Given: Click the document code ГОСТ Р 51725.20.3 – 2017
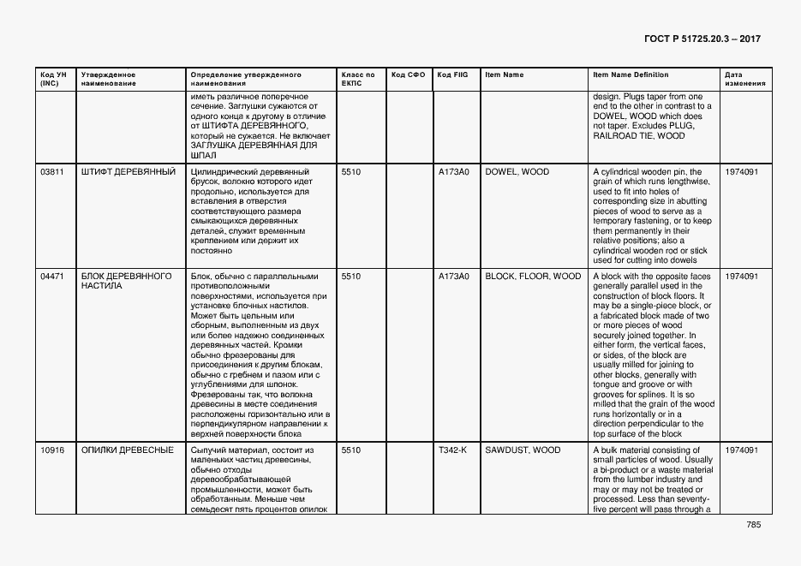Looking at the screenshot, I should (702, 39).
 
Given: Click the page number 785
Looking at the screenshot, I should (753, 525).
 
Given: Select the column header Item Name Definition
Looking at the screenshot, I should (631, 75).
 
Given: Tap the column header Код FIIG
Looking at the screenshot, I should (451, 75).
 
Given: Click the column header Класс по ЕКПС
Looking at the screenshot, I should (358, 79).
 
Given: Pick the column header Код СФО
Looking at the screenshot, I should (408, 75).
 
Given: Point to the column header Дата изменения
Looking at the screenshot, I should (739, 79).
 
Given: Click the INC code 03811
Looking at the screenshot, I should (52, 172).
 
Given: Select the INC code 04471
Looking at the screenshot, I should (52, 277).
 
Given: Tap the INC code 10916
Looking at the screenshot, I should (52, 450).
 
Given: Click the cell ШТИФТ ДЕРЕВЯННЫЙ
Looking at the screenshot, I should (128, 172).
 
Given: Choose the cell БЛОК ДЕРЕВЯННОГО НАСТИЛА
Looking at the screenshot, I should (126, 281).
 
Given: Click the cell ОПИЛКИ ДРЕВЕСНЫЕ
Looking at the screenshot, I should (127, 450).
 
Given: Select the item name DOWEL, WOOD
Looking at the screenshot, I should (517, 172).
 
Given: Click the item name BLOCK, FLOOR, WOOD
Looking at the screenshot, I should (533, 277).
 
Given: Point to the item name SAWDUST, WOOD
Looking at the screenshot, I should (523, 450).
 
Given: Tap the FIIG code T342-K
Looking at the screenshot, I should (452, 450).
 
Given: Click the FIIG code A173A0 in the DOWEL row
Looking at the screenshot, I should (453, 172).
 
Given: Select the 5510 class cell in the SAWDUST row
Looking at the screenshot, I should (351, 450).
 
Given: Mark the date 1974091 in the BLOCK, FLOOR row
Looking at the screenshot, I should (741, 277).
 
